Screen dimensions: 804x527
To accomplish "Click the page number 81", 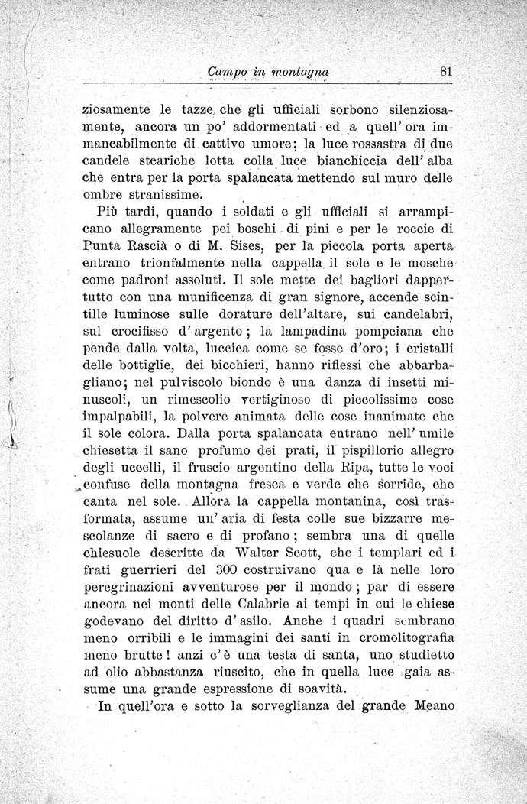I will click(x=447, y=71).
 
